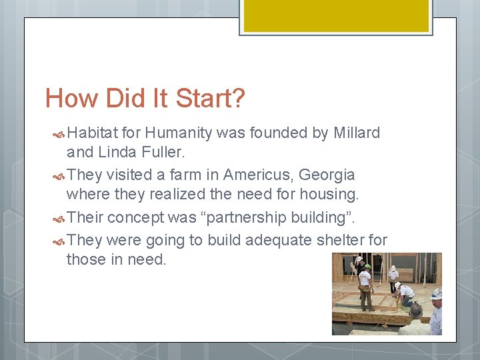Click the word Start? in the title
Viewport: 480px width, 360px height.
pos(210,99)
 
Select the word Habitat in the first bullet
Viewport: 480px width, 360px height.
pos(94,133)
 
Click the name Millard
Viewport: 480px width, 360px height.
pos(355,133)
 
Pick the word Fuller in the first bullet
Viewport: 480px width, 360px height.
pos(164,153)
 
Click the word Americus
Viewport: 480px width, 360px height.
pos(259,175)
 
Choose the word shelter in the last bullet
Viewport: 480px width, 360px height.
pos(335,239)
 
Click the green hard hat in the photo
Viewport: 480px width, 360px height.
pos(367,266)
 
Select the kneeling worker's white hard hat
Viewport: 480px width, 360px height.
pos(398,285)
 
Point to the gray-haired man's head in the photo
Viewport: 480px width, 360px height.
pos(417,310)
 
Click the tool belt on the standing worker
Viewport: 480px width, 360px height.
pos(365,288)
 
